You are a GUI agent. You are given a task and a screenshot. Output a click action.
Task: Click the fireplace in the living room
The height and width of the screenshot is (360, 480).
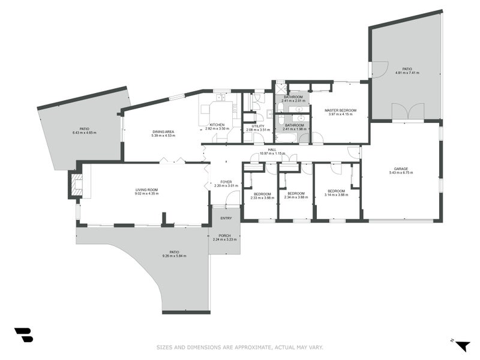coord(76,184)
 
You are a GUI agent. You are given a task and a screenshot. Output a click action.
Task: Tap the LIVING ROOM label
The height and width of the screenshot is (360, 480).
coord(146,190)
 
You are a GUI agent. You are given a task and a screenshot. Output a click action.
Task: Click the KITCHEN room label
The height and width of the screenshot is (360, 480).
coord(217,125)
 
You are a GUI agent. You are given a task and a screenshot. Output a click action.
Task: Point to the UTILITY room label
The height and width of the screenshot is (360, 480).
coord(258,126)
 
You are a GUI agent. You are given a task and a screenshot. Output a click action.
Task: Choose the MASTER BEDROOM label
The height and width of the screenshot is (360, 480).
coord(340,110)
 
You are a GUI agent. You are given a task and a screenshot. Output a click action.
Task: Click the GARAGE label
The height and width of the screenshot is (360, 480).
coord(401,169)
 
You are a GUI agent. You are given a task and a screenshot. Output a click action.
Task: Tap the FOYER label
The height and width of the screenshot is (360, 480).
coord(226,182)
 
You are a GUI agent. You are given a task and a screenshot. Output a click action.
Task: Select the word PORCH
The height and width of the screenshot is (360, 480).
coord(224,236)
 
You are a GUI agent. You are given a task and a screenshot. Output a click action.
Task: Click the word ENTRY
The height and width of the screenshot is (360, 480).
coord(226,218)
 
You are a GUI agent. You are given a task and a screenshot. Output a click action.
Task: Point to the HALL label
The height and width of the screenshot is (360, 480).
coord(272,150)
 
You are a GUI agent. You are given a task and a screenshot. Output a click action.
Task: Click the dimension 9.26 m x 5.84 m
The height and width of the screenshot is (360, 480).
coord(174,256)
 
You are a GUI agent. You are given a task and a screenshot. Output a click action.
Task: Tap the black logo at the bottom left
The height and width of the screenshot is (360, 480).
coord(24,335)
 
